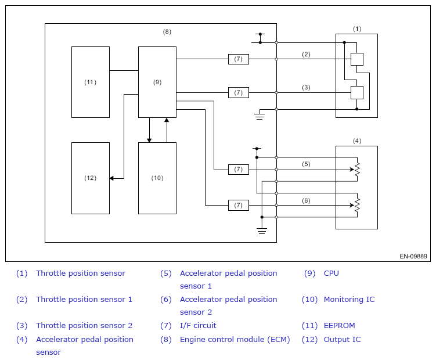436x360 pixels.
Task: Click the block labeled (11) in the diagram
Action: [91, 82]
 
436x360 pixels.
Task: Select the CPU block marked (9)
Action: [157, 82]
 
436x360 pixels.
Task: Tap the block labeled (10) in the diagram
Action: [157, 178]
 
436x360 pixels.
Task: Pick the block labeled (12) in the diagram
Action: [91, 178]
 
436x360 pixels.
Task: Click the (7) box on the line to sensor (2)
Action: [238, 59]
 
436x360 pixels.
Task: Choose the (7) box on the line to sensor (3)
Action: [238, 93]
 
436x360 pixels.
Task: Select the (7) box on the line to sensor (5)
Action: [238, 170]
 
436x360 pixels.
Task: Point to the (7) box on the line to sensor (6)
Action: [238, 206]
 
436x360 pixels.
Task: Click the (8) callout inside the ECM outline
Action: [167, 32]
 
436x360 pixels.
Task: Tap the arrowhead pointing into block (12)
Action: [111, 178]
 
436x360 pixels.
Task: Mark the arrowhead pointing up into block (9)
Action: [167, 120]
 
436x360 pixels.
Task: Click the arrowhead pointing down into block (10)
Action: [149, 140]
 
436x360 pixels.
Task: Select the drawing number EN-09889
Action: [413, 256]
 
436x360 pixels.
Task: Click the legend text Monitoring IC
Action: [349, 300]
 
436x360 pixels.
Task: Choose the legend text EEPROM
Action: [339, 326]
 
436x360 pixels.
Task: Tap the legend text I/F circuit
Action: [198, 326]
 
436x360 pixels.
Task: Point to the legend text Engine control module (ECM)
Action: [235, 340]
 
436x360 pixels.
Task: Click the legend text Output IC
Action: [342, 340]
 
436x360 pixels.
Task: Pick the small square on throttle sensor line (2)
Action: [356, 59]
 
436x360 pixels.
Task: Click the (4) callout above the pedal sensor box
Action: [356, 141]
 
